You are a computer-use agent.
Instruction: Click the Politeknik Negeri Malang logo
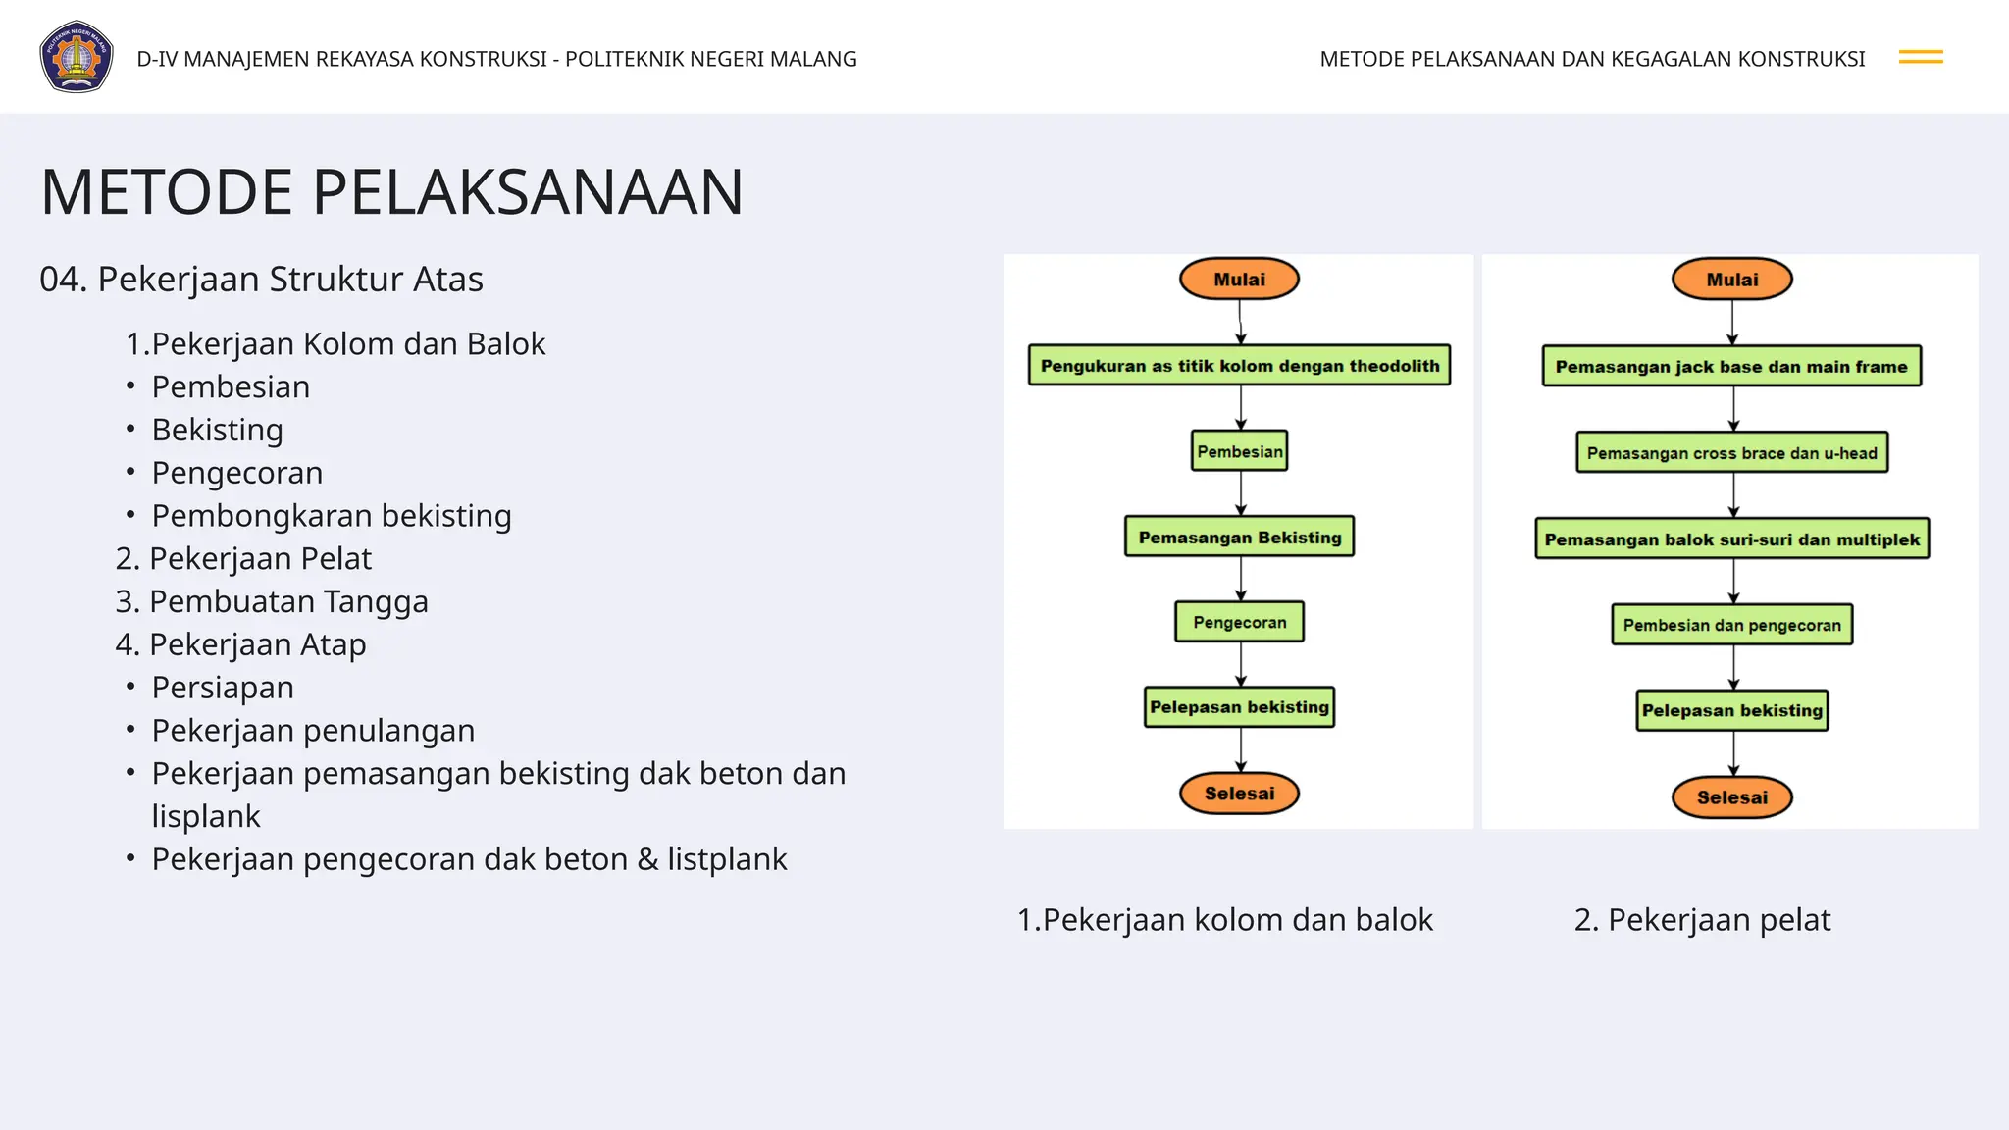77,57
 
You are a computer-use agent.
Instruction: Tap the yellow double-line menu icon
1920,58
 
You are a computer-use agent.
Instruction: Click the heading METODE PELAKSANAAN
391,192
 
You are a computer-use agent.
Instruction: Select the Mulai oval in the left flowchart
1239,280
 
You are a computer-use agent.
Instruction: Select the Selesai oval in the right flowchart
1731,797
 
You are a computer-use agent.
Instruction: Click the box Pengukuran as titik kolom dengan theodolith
1239,366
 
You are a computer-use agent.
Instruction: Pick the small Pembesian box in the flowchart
1239,451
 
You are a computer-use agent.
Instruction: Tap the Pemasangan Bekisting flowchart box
1239,538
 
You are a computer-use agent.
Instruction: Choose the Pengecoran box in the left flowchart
1239,622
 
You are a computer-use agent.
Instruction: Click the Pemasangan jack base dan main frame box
1731,367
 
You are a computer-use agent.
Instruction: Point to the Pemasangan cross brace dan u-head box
1731,453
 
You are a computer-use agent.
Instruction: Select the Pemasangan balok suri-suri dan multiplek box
1731,539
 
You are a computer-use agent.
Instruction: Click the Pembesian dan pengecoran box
1731,625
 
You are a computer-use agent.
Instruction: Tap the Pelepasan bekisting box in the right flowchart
1731,710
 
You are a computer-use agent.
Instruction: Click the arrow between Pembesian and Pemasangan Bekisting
1241,493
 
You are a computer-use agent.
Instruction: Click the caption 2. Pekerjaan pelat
1702,920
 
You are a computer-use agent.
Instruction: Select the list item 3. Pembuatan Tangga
272,601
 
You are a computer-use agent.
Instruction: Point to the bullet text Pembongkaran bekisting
332,516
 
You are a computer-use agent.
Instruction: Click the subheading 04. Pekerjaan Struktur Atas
261,280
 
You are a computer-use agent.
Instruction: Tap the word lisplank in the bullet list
206,816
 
